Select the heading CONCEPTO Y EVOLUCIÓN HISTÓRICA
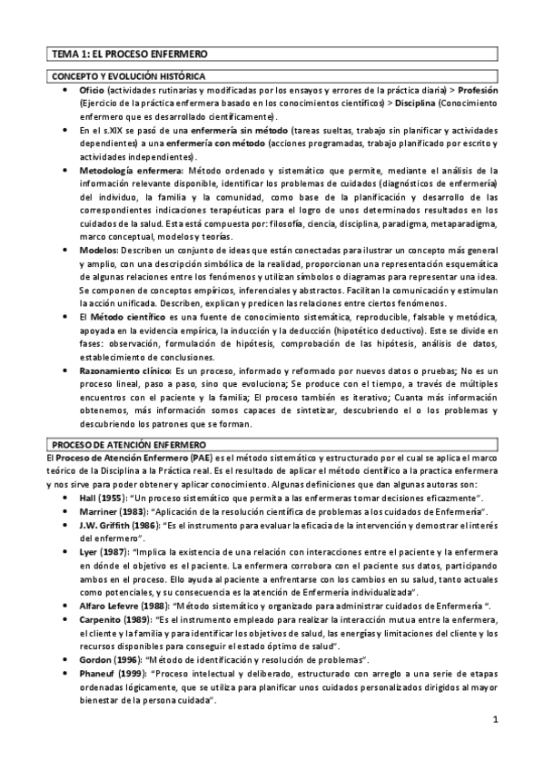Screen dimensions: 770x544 [x=127, y=77]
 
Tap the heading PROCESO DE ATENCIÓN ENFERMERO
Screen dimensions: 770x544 [x=128, y=443]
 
